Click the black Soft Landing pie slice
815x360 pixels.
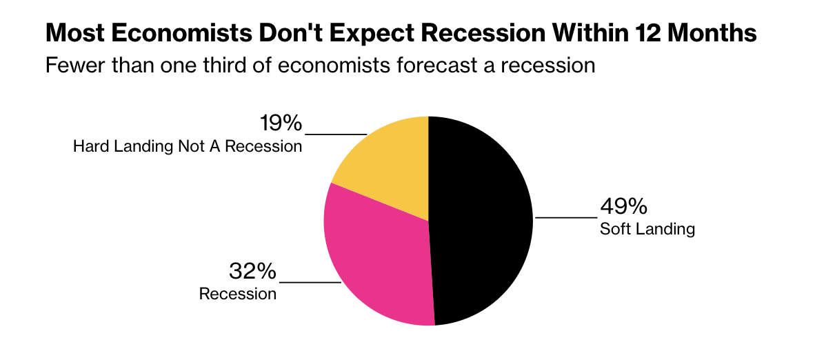[483, 221]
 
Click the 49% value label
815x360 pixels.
[623, 207]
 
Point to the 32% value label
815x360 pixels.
[252, 271]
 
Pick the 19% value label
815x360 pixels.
[281, 124]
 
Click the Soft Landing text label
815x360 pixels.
[647, 229]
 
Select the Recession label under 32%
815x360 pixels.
[237, 294]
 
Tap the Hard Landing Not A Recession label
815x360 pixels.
[188, 147]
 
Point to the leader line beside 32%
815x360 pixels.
[310, 281]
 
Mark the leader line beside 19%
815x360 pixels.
[336, 134]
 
